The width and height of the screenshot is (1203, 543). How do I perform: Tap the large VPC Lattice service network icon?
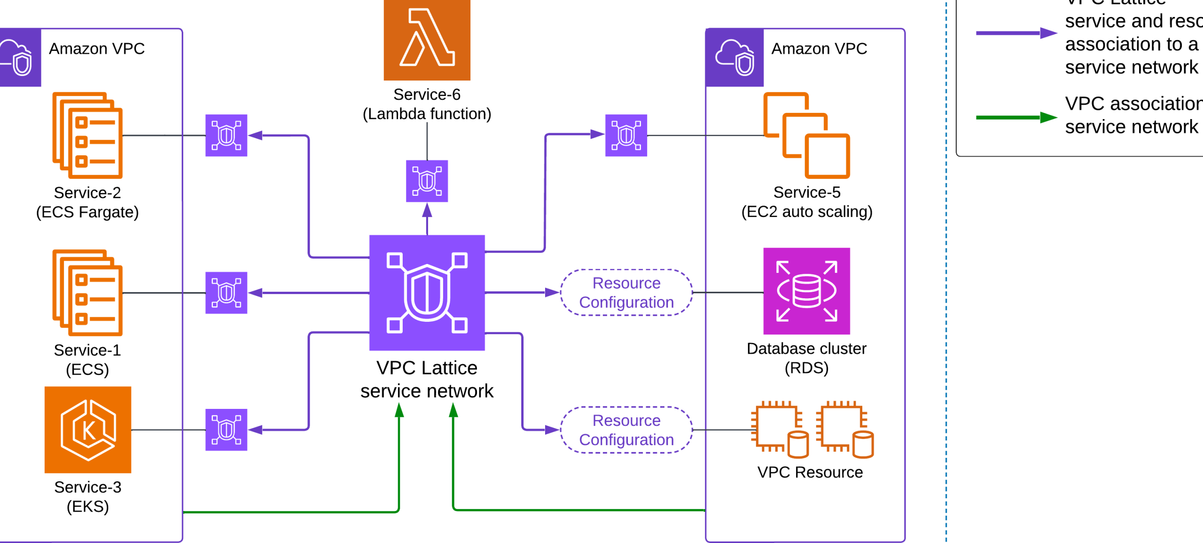point(427,293)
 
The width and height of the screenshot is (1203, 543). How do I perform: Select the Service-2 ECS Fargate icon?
point(88,136)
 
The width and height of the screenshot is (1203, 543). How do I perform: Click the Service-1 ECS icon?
point(88,293)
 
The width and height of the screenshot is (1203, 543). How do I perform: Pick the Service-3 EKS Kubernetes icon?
point(88,430)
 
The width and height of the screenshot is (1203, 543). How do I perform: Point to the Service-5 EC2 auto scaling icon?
point(806,136)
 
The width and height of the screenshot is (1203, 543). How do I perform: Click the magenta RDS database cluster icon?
point(806,291)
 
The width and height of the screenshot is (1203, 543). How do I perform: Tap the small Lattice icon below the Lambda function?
point(427,181)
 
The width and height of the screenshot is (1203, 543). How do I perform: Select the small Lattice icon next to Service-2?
point(226,136)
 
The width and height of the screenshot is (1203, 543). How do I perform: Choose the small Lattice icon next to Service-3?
point(226,430)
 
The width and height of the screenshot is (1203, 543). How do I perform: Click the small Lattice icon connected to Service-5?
point(626,136)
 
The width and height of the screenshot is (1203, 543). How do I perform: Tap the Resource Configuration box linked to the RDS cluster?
point(626,293)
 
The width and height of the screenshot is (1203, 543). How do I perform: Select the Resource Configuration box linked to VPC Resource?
point(626,430)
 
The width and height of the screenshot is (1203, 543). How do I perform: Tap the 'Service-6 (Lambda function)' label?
point(427,104)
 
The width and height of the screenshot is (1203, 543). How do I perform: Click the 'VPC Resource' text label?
point(810,472)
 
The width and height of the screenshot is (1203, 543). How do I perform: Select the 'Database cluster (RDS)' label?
point(806,358)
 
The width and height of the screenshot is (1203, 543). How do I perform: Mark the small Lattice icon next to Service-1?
point(226,293)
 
